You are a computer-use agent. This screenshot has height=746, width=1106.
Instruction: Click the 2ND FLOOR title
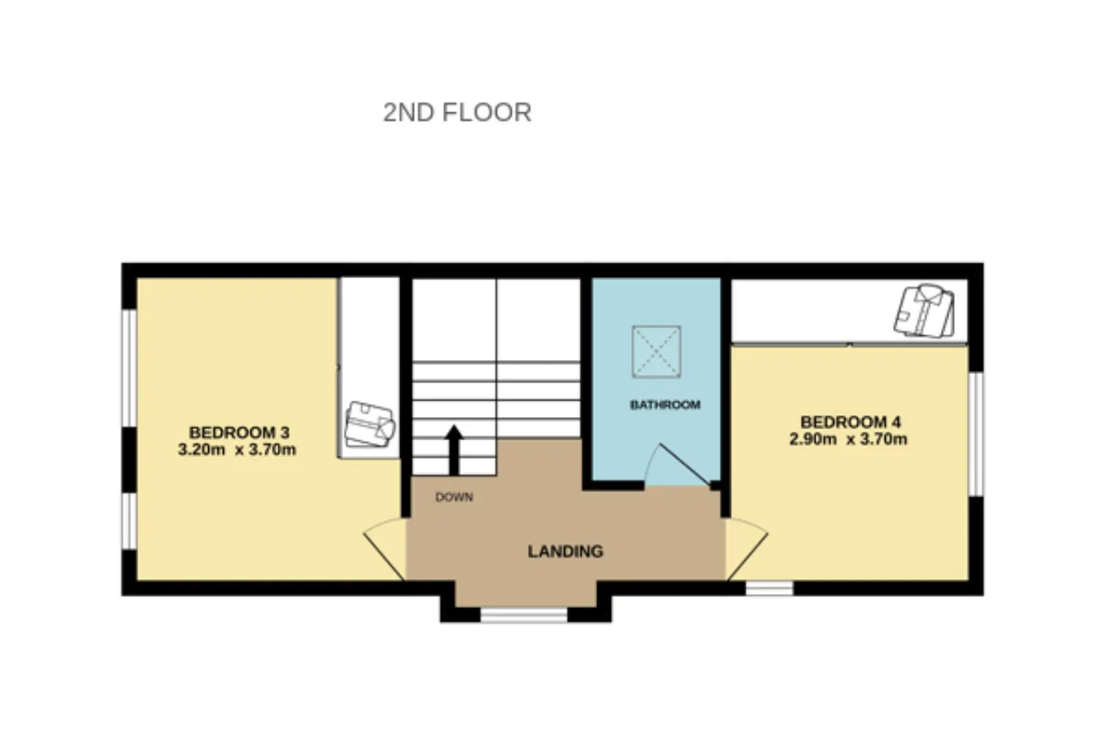point(457,112)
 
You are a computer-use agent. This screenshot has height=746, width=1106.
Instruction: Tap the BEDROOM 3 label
point(239,433)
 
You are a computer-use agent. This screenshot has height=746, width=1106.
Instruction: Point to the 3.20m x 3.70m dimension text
point(237,450)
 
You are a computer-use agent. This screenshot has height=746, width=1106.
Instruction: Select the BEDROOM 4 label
point(850,422)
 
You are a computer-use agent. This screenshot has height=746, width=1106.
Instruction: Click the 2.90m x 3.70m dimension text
point(849,439)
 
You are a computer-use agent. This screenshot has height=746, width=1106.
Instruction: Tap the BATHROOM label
point(665,405)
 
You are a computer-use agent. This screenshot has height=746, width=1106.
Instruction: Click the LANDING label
point(565,551)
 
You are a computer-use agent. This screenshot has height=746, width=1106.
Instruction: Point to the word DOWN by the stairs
point(454,497)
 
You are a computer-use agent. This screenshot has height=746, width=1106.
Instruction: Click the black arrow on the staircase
point(454,451)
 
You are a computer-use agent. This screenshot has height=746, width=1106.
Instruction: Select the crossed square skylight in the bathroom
point(656,351)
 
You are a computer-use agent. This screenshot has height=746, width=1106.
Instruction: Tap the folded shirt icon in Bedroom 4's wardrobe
point(924,311)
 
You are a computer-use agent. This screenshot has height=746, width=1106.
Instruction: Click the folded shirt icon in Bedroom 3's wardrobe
point(369,424)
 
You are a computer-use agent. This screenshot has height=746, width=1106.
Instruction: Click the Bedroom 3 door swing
point(385,548)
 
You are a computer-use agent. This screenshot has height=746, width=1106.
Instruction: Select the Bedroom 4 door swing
point(747,548)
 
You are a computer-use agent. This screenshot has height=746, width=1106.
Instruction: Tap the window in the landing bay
point(524,615)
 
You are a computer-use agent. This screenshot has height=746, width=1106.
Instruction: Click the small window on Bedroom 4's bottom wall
point(769,588)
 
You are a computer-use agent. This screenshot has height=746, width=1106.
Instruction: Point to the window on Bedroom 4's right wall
point(976,433)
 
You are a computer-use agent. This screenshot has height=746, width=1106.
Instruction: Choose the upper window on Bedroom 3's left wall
point(130,368)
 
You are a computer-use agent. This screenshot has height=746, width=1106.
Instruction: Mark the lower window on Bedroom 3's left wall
point(130,521)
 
